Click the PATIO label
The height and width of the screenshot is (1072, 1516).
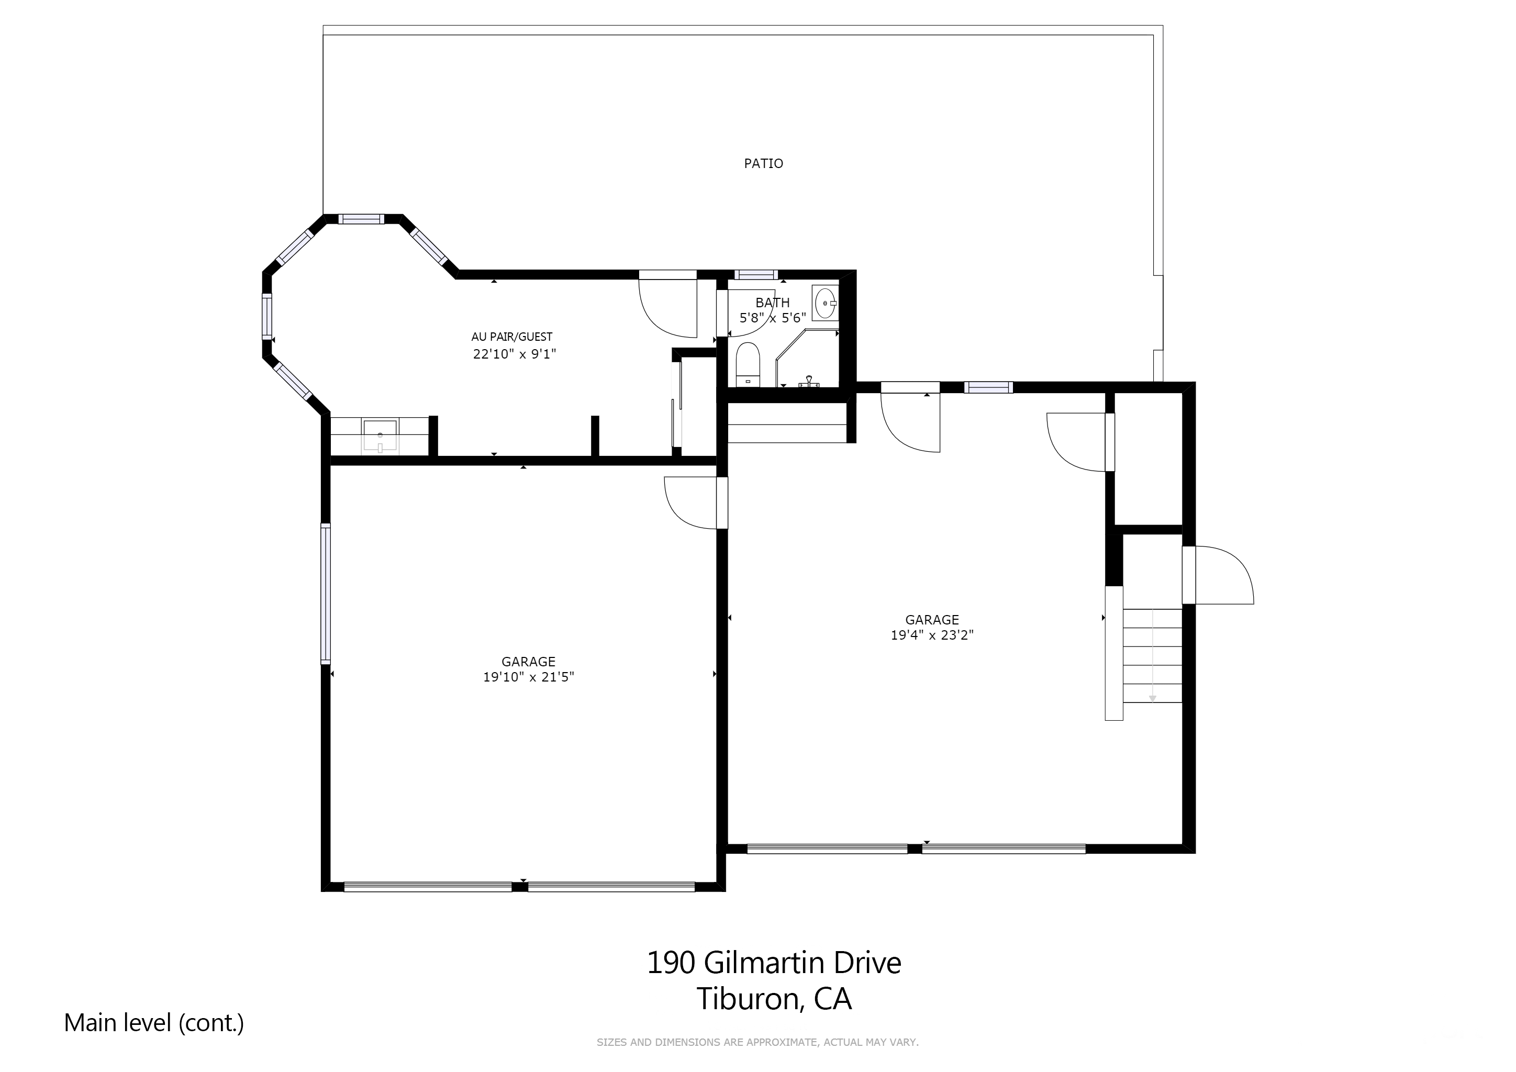click(x=763, y=163)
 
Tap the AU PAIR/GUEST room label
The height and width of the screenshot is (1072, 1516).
click(x=512, y=337)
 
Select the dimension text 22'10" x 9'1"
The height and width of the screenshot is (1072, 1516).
click(x=515, y=354)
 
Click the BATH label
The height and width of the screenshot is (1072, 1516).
click(x=773, y=303)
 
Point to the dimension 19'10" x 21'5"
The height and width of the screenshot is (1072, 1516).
click(x=528, y=677)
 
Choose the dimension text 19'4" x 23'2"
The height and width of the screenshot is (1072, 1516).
click(x=932, y=635)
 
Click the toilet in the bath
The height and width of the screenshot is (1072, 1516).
click(x=748, y=364)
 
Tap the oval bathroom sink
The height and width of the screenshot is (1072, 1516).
click(x=826, y=303)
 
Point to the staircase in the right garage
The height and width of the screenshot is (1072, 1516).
click(x=1152, y=655)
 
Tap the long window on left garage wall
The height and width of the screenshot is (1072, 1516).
click(x=326, y=593)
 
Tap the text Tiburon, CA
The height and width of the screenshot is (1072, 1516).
click(x=774, y=999)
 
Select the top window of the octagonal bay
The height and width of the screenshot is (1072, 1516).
click(x=361, y=219)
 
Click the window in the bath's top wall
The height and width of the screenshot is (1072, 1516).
click(x=756, y=275)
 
